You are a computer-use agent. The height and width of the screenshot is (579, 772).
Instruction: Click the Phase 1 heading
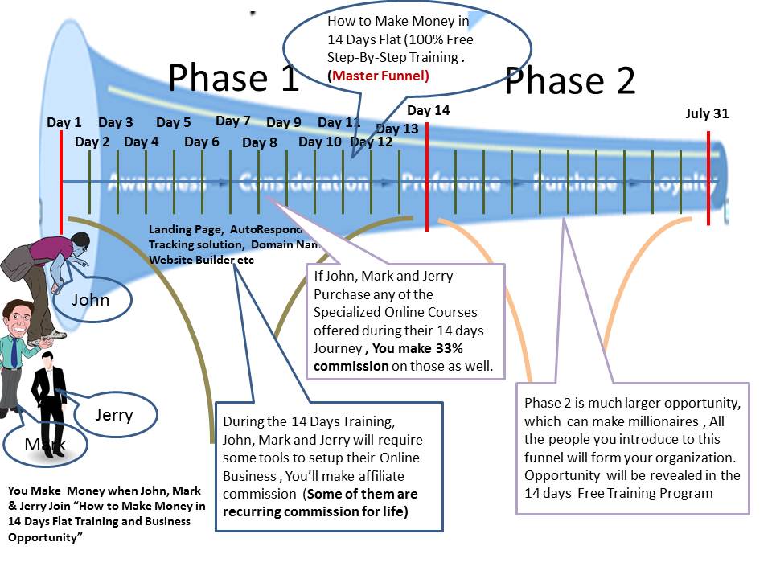click(233, 78)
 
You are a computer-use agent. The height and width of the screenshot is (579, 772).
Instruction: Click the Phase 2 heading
click(569, 81)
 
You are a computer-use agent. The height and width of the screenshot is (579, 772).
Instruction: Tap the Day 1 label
click(64, 123)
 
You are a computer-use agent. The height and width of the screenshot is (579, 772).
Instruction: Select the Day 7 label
click(233, 121)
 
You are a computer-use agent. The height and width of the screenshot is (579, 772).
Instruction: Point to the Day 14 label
click(429, 111)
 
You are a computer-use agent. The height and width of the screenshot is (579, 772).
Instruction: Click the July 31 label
click(707, 113)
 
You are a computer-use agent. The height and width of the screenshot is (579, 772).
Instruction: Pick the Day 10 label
click(320, 142)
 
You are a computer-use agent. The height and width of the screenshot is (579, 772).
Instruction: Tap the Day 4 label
click(142, 142)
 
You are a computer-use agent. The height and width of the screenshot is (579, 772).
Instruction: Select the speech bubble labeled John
click(90, 302)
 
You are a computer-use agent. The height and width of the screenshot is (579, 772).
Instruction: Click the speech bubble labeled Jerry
click(115, 415)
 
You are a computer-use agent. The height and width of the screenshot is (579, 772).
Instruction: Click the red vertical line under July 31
click(708, 177)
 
